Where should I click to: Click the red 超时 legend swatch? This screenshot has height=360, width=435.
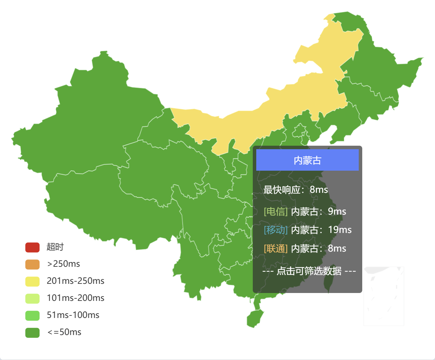(32, 247)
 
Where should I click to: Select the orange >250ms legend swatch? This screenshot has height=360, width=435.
(32, 264)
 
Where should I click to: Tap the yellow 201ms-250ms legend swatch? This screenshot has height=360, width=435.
(32, 281)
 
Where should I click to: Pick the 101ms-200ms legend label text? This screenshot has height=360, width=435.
(75, 298)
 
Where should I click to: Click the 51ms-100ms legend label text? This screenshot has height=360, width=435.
(73, 315)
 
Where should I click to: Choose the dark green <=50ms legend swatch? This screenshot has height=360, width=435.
(32, 333)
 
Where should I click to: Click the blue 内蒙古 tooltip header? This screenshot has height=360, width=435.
(307, 160)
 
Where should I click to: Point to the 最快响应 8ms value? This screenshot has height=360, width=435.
(319, 190)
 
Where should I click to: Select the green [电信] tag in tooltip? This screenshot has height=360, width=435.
(276, 211)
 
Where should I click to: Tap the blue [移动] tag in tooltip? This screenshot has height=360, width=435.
(276, 230)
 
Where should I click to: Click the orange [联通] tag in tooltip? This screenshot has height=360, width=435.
(276, 248)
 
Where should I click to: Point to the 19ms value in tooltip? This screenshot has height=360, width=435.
(340, 230)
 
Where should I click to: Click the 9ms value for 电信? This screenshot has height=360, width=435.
(337, 211)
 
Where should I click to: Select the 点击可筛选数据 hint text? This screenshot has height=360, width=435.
(309, 271)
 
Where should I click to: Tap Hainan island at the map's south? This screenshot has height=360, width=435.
(255, 318)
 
